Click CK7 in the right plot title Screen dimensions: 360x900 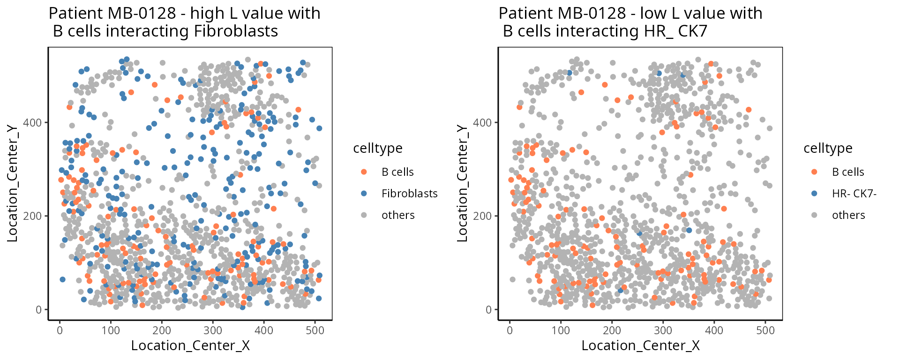pos(691,31)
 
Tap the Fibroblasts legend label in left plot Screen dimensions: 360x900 pos(409,194)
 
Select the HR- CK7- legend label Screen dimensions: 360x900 pos(854,194)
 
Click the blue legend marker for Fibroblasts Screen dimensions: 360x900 pos(364,194)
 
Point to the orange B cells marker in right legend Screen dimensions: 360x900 pos(814,172)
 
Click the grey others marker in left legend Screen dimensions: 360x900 pos(364,215)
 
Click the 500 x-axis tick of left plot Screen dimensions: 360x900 pos(315,330)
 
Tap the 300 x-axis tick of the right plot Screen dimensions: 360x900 pos(663,330)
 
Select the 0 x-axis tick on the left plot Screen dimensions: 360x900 pos(60,330)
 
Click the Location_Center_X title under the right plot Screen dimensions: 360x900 pos(640,346)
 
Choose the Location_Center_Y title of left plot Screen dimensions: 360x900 pos(13,183)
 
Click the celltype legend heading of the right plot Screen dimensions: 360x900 pos(828,148)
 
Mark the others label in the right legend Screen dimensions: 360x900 pos(848,215)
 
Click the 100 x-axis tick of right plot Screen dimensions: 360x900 pos(561,330)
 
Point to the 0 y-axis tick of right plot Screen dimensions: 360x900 pos(488,310)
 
